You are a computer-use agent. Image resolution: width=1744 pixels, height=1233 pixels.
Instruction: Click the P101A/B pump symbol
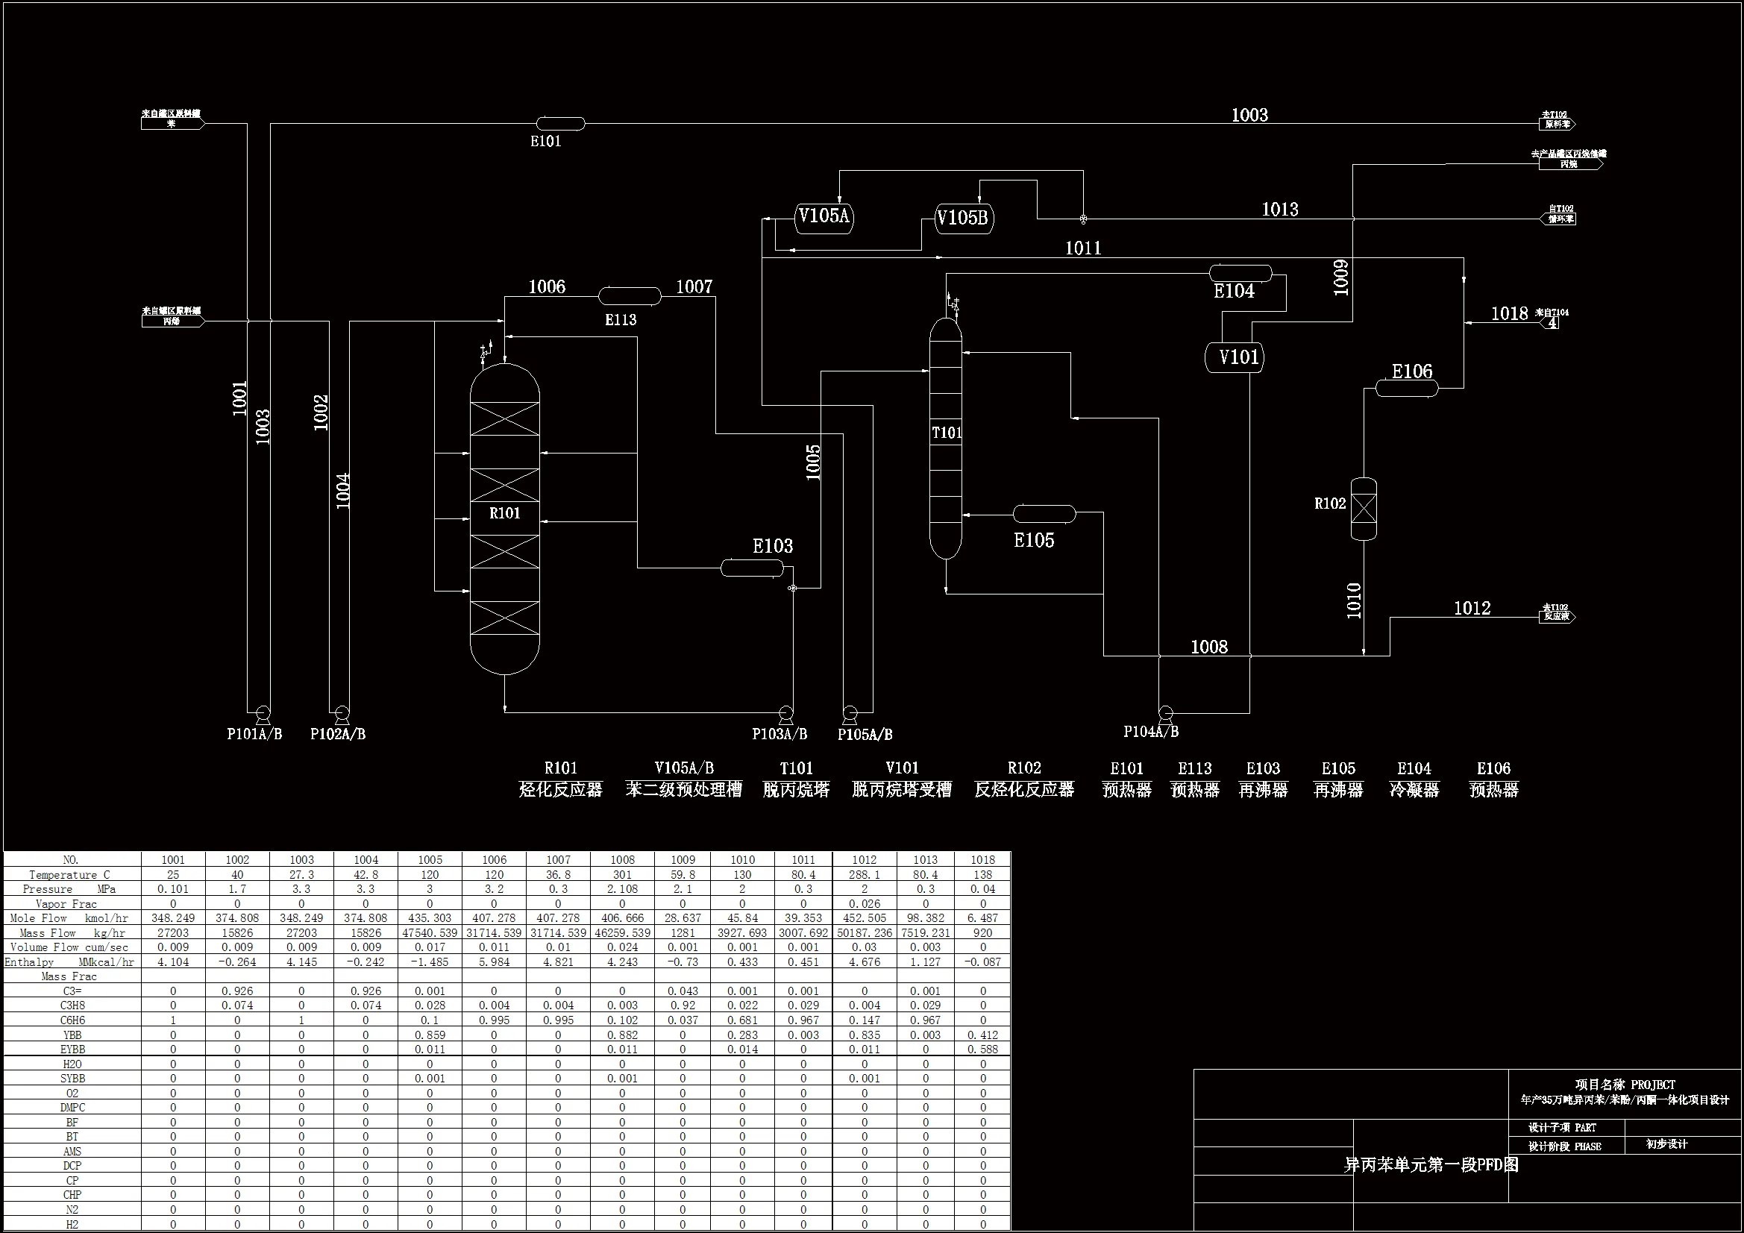[263, 713]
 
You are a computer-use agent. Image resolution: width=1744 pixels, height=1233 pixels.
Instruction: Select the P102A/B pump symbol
[342, 713]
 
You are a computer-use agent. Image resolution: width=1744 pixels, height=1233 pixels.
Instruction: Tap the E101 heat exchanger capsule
[561, 123]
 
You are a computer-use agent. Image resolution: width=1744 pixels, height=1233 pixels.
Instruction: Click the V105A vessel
[824, 217]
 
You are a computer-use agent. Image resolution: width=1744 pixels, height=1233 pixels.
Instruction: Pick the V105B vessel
[963, 219]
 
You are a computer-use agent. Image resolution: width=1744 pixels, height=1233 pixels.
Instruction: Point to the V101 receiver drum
[1235, 357]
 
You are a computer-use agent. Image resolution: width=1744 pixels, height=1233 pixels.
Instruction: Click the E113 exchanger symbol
[630, 296]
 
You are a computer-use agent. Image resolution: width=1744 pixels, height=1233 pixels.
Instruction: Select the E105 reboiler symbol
[1044, 515]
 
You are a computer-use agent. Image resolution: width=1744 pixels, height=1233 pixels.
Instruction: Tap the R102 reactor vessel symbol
[1364, 509]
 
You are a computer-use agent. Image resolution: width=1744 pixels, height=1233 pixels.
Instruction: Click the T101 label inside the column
[947, 433]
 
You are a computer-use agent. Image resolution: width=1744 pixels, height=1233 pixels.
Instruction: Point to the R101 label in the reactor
[505, 513]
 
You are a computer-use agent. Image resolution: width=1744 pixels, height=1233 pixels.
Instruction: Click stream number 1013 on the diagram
[1280, 210]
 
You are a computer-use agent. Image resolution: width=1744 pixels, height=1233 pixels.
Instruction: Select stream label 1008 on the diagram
[1209, 647]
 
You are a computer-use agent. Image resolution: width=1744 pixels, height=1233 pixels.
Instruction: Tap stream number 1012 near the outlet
[1472, 609]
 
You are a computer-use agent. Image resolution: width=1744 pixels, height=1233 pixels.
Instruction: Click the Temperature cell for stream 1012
[865, 874]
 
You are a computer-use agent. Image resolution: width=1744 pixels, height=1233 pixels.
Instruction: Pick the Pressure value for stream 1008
[622, 889]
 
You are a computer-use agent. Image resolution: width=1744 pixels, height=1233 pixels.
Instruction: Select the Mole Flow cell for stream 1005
[430, 917]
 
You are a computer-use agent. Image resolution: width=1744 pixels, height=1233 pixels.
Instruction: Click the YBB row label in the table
[73, 1035]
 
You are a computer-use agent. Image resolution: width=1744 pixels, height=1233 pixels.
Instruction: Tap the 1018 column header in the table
[982, 860]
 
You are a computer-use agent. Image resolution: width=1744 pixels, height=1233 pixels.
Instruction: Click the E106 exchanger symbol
[1407, 389]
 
